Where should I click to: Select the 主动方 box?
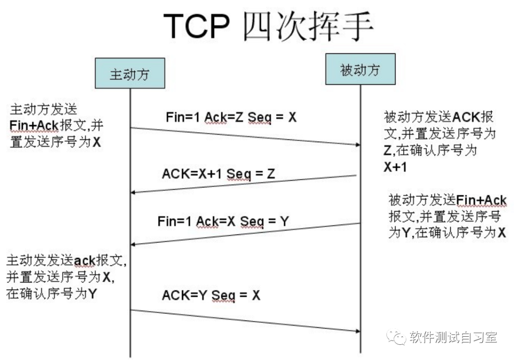click(130, 73)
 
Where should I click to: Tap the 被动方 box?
click(360, 69)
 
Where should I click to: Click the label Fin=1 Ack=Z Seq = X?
click(231, 117)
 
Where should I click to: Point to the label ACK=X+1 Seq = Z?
click(218, 174)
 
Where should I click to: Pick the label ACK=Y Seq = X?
click(211, 295)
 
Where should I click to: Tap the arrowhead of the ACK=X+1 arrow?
click(134, 192)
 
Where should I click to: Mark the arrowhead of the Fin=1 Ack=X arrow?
click(134, 244)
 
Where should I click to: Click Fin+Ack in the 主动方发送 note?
click(34, 126)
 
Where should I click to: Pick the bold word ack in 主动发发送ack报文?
click(84, 261)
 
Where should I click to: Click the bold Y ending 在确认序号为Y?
click(93, 294)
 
